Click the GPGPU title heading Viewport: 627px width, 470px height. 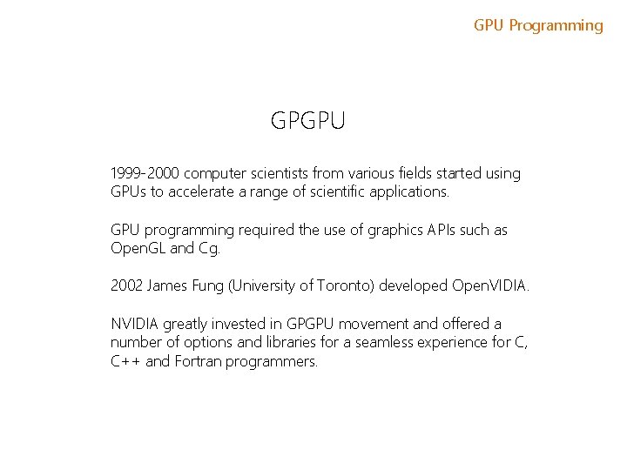(308, 121)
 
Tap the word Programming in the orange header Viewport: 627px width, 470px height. (556, 25)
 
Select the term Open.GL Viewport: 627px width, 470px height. (138, 248)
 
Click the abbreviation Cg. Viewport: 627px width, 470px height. (210, 248)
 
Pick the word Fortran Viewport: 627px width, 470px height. (198, 360)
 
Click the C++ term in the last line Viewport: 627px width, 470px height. (126, 360)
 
